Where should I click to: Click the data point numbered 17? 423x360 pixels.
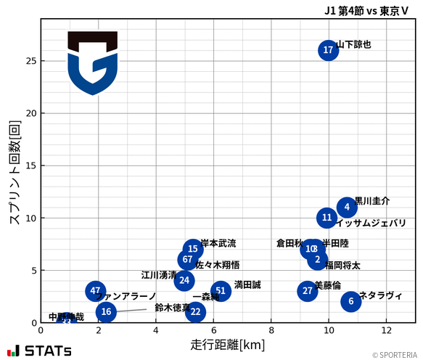(328, 50)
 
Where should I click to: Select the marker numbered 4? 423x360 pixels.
(348, 208)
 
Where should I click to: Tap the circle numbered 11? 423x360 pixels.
(327, 218)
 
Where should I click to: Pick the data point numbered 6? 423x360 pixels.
(350, 301)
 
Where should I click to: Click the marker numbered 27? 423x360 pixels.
(308, 291)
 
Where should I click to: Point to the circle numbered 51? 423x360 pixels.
(221, 291)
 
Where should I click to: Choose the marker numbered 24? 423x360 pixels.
(184, 280)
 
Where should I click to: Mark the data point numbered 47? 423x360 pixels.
(95, 291)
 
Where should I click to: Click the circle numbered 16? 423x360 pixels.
(106, 312)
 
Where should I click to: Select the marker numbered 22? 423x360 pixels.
(195, 312)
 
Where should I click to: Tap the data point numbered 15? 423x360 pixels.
(192, 249)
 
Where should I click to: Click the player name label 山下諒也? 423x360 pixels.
(354, 45)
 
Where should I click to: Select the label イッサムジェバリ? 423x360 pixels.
(371, 224)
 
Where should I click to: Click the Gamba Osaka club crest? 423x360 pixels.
(92, 63)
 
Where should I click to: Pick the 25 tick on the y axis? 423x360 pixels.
(31, 61)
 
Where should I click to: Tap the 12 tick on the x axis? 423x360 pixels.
(386, 330)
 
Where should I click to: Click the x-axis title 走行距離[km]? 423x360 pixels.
(227, 343)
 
